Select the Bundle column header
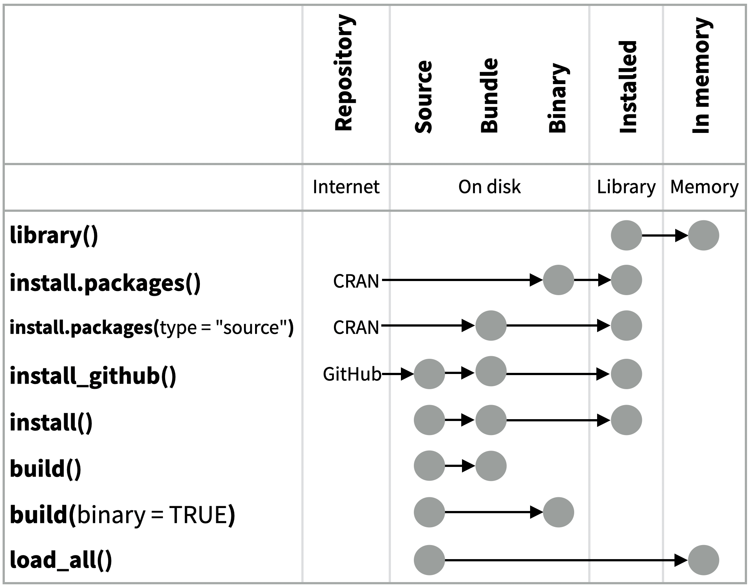click(489, 96)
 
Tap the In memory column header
click(701, 76)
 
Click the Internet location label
click(346, 187)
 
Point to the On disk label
click(489, 187)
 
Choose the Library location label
click(626, 187)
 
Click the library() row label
click(54, 235)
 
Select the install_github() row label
click(93, 375)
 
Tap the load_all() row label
click(61, 560)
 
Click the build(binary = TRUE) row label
click(122, 515)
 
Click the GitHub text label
click(352, 374)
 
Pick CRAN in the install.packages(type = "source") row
click(356, 327)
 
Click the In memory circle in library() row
click(703, 235)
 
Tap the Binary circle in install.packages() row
click(558, 280)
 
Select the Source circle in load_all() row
click(429, 560)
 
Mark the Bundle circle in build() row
click(490, 466)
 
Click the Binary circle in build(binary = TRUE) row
click(558, 512)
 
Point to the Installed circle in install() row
click(626, 420)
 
